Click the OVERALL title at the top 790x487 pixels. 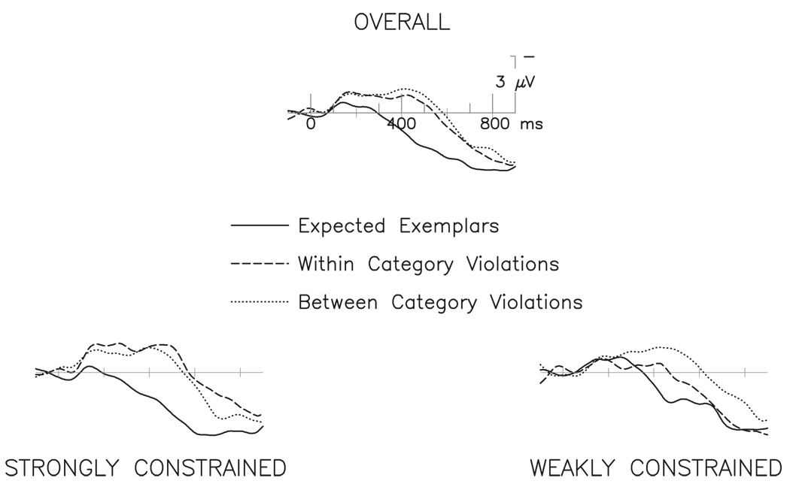(402, 23)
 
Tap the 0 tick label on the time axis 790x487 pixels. (310, 124)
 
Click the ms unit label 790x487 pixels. (531, 124)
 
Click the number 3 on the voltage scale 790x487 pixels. (500, 83)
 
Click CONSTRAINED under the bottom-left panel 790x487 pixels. (210, 468)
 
